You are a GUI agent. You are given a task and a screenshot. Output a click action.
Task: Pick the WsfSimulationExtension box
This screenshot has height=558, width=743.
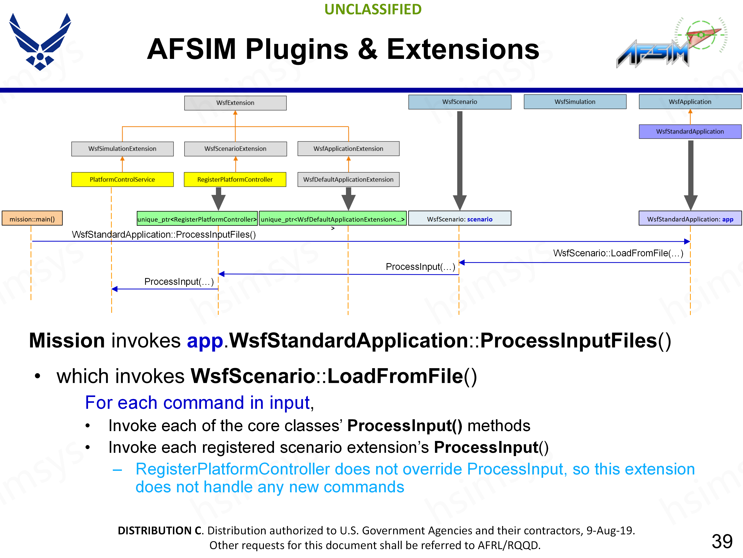pos(122,149)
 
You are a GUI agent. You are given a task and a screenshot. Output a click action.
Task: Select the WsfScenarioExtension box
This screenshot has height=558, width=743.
pos(235,149)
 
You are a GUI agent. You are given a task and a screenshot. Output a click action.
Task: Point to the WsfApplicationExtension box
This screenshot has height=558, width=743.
pos(348,149)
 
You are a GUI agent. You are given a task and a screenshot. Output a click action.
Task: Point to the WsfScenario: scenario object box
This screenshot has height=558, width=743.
pos(460,219)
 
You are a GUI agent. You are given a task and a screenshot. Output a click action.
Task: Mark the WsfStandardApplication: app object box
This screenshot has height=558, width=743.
pos(690,219)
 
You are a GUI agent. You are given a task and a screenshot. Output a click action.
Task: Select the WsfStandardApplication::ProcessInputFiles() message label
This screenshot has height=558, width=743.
pos(164,234)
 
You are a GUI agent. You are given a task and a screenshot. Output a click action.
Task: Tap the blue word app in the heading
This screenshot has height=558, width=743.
pos(205,341)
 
